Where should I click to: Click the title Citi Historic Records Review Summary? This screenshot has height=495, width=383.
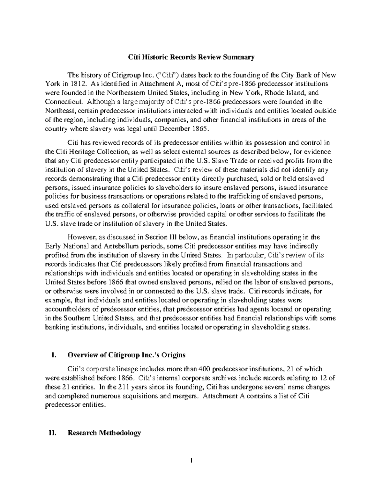tap(191, 57)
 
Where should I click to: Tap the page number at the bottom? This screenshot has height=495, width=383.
tap(191, 461)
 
